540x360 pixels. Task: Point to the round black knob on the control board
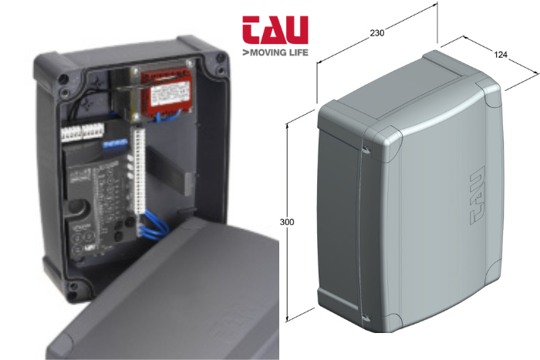(77, 207)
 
